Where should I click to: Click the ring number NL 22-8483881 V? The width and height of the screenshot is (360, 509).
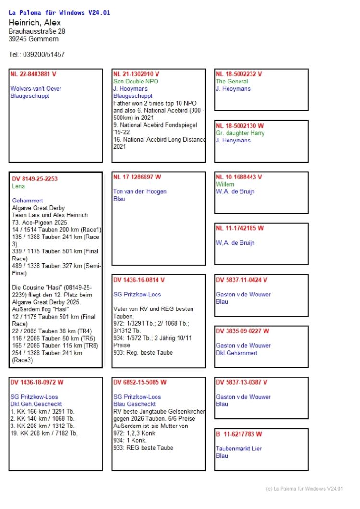(33, 74)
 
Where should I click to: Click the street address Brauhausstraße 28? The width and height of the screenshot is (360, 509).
(37, 31)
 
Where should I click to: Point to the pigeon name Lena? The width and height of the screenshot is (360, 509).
(18, 186)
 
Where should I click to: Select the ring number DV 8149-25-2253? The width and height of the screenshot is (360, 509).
(35, 179)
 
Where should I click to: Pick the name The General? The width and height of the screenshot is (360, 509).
(232, 82)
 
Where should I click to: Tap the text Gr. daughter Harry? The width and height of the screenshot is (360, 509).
(240, 133)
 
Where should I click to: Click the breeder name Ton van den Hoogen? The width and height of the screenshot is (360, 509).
(140, 191)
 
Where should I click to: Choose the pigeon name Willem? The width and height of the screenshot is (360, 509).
(225, 184)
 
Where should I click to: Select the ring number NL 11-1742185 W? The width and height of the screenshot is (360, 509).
(240, 228)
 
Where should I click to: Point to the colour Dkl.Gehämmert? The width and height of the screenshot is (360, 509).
(237, 353)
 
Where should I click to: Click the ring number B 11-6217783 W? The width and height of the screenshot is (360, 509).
(239, 434)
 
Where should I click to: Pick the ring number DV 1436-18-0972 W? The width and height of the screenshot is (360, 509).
(37, 382)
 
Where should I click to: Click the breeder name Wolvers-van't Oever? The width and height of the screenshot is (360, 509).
(36, 89)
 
